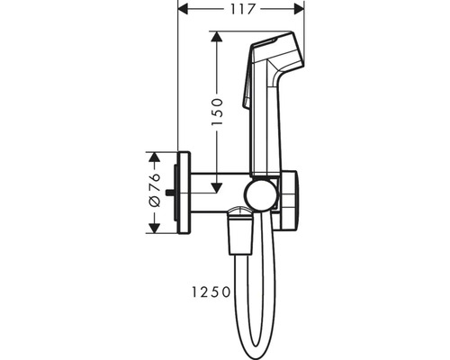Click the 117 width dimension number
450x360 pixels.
[242, 9]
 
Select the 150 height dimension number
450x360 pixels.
[218, 112]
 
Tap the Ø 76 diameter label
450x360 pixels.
[155, 190]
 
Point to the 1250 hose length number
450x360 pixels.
[211, 292]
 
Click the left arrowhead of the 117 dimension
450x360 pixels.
[184, 9]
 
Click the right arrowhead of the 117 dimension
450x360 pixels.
[300, 9]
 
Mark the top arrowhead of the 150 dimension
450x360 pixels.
[217, 36]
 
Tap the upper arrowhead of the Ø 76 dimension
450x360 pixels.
[154, 157]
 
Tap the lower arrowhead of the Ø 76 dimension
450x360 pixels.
[154, 228]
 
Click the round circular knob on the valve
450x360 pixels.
[259, 194]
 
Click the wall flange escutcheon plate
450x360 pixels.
[184, 193]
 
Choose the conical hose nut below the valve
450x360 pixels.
[240, 231]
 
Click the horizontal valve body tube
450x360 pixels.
[220, 193]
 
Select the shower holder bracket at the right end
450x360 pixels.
[288, 201]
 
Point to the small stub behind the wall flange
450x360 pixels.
[171, 193]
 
